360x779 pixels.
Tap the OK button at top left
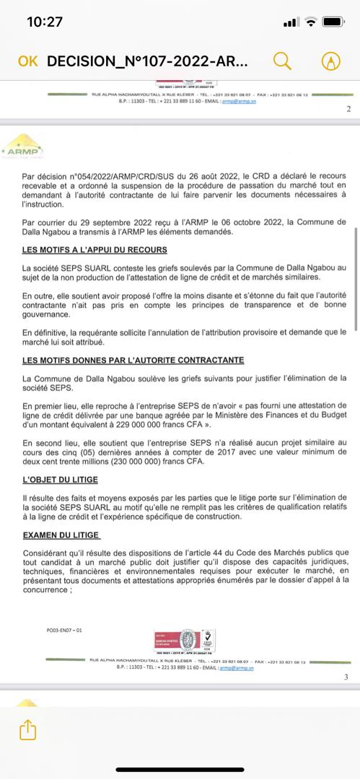[27, 61]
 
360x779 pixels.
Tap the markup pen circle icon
[331, 61]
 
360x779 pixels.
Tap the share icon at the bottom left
[27, 729]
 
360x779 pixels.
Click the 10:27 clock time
[45, 22]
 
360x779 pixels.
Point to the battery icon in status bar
[335, 22]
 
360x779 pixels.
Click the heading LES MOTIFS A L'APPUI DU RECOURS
[95, 250]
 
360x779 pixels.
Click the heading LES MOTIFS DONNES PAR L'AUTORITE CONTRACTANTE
[133, 359]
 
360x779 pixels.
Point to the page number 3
[346, 677]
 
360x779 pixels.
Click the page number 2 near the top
[348, 109]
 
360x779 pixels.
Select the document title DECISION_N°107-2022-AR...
[147, 61]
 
